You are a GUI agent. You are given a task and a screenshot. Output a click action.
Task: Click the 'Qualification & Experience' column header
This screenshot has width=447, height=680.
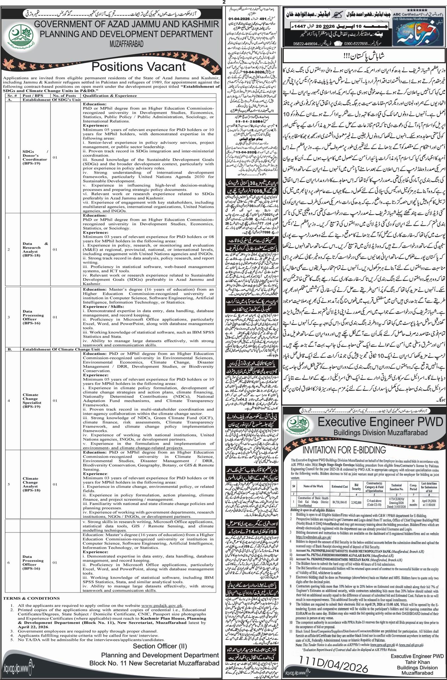click(110, 95)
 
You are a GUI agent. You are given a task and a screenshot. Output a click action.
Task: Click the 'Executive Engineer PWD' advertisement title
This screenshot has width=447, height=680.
click(380, 423)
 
